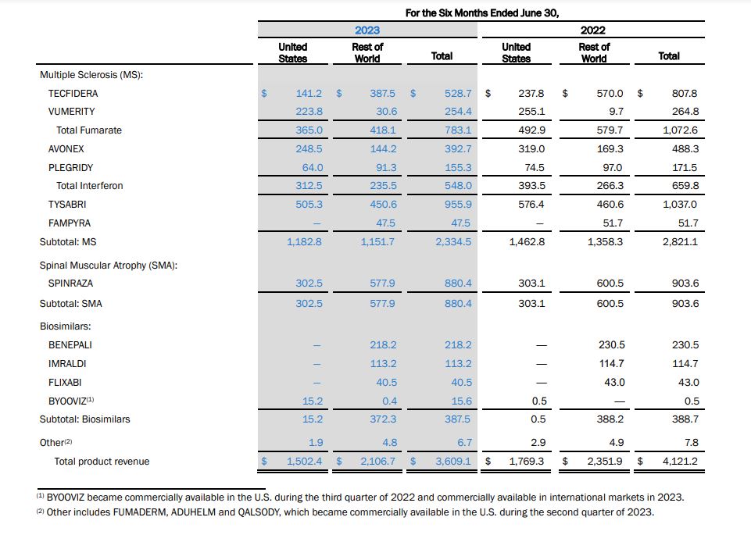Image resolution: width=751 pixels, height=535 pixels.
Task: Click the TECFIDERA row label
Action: [73, 93]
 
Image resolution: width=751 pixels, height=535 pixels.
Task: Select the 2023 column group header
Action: [367, 30]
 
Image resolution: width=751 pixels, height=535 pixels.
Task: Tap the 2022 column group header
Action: [593, 30]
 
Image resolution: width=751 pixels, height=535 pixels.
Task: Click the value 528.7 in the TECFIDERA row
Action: [458, 93]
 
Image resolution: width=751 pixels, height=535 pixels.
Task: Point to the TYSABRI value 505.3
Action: [309, 205]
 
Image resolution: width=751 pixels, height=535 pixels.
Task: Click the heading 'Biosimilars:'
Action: [66, 326]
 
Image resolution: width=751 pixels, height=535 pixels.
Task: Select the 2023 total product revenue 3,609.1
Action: [453, 462]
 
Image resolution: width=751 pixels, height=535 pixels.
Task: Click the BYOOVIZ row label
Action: [71, 401]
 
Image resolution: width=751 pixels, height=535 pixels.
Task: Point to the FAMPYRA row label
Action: [69, 223]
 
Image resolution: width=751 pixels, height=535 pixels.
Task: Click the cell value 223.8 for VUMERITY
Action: [309, 112]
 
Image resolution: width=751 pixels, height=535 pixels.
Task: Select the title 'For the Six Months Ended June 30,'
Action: [482, 12]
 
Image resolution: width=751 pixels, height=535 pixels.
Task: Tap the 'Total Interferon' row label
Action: [89, 186]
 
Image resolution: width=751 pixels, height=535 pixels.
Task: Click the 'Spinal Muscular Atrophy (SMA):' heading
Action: [109, 266]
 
